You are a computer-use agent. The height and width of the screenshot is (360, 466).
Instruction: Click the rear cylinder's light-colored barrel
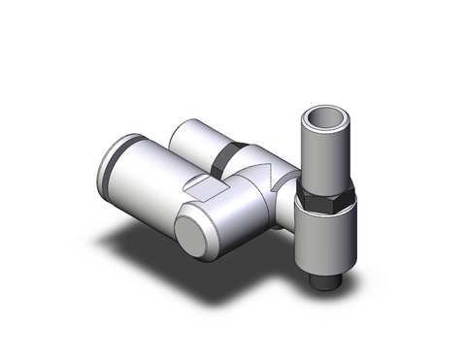pos(199,139)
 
